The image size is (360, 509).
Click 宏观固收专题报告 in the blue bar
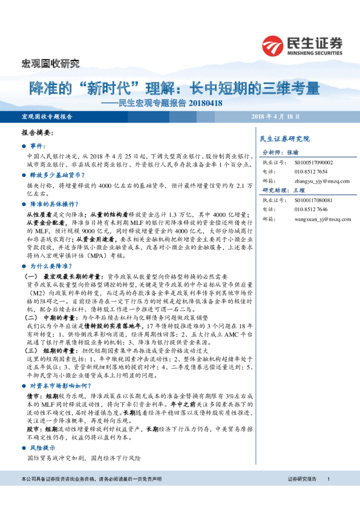[47, 116]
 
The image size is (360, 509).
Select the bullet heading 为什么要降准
[50, 248]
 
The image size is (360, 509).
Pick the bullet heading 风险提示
[42, 430]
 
